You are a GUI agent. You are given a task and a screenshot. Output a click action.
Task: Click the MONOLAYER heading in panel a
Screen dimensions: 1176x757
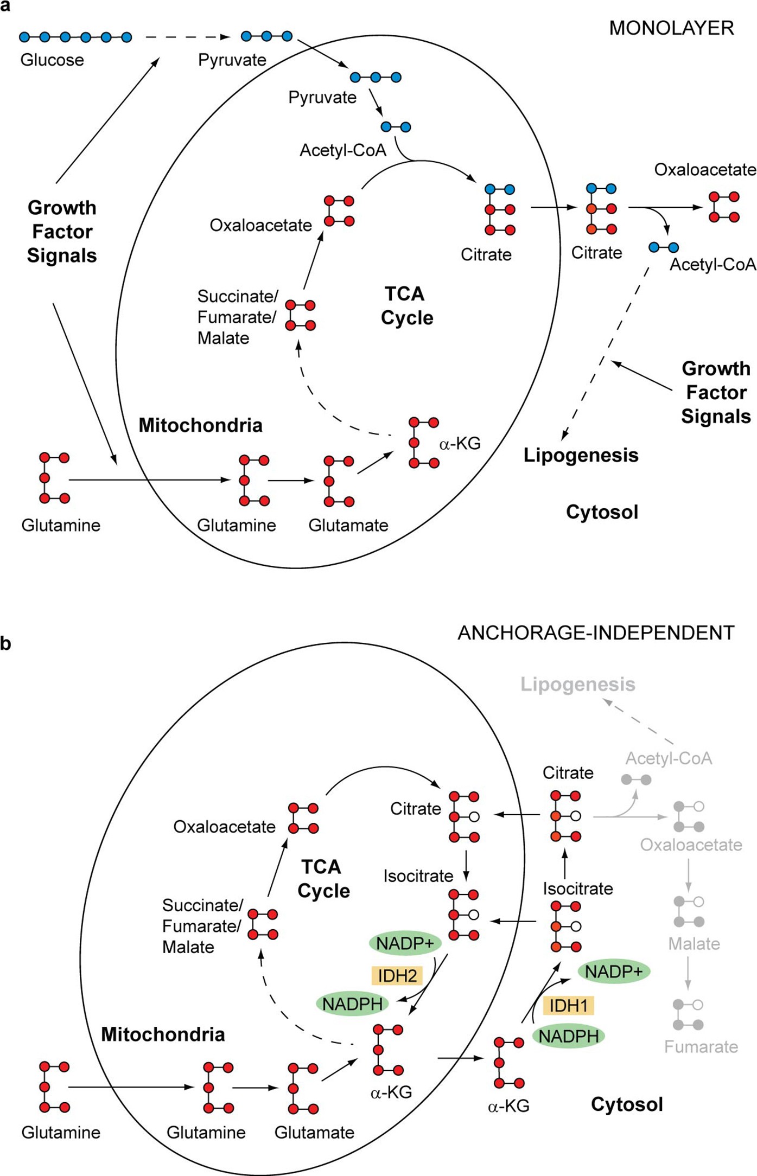pos(671,28)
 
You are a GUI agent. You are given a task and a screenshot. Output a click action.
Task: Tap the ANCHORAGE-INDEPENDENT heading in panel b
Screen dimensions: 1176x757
pos(596,633)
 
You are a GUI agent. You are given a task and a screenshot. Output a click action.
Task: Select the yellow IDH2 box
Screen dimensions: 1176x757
pos(397,976)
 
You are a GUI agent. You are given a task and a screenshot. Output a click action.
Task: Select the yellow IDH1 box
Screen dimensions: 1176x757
pos(568,1006)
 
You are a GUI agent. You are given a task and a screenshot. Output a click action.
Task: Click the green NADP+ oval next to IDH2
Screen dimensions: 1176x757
pos(405,944)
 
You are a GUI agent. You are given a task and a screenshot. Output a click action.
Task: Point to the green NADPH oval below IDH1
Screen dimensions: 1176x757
pos(569,1036)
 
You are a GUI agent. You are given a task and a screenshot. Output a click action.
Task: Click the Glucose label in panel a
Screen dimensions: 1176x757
pos(52,60)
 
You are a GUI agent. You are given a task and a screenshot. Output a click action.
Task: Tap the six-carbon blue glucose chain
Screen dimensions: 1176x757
pos(75,37)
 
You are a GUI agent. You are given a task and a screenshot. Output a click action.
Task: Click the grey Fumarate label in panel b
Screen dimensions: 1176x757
pos(701,1046)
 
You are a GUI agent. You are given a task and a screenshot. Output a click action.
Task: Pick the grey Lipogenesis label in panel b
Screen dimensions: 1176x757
pos(577,685)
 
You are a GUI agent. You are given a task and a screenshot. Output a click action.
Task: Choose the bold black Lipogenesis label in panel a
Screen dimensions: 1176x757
pos(581,455)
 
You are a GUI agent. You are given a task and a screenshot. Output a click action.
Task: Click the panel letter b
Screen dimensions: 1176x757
pos(6,643)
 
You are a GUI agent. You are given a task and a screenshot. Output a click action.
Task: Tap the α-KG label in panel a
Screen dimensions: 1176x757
pos(460,444)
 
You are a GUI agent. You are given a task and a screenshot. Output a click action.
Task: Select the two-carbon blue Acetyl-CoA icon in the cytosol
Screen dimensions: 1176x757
pos(664,248)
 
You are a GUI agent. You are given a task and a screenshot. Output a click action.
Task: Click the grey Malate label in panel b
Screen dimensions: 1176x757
pos(694,944)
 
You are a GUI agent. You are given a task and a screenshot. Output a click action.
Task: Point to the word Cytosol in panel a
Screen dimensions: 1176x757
pos(602,512)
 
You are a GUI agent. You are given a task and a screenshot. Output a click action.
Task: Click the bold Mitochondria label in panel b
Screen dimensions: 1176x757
pos(163,1034)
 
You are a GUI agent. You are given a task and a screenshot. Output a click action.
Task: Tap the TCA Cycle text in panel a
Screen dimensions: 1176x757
pos(406,306)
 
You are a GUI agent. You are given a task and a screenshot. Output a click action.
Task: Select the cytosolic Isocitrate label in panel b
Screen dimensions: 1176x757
pos(577,889)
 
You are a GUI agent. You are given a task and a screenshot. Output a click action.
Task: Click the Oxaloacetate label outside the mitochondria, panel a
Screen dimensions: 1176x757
pos(704,170)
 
